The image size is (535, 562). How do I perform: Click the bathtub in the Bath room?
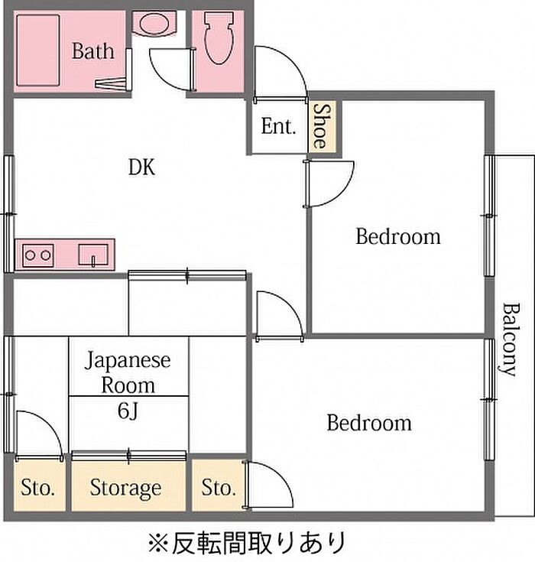[38, 50]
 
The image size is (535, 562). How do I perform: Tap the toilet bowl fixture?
[219, 37]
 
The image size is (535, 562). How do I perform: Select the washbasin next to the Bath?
[154, 24]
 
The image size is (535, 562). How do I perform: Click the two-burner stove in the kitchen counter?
[38, 255]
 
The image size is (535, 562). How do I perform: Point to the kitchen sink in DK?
[93, 255]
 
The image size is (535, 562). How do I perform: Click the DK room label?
[142, 167]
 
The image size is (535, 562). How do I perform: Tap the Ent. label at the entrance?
[278, 126]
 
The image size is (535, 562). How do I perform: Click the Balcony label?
[510, 339]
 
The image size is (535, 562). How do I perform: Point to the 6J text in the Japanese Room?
[128, 411]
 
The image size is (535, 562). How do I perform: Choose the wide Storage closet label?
[125, 488]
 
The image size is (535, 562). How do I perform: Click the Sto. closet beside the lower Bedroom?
[219, 488]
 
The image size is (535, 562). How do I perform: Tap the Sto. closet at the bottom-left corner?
[38, 488]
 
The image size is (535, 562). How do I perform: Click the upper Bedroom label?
[397, 236]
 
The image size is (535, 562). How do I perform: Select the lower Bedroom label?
[369, 423]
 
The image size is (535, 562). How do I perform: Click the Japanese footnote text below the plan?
[248, 543]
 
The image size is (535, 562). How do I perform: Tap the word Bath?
[93, 51]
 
